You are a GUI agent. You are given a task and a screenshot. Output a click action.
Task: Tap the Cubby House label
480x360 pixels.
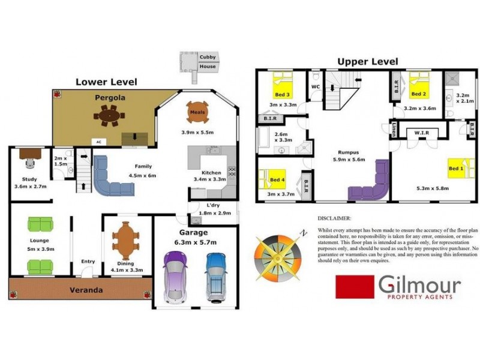point(208,61)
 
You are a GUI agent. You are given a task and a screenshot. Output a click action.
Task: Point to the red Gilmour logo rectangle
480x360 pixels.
point(353,287)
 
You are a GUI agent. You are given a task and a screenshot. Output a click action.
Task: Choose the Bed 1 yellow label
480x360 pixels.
point(456,169)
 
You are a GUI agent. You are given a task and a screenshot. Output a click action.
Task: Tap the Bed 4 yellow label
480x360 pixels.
point(276,179)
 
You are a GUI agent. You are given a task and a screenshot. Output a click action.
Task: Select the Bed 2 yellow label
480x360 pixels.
point(418,94)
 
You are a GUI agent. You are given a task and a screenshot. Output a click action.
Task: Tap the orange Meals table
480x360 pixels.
point(198,112)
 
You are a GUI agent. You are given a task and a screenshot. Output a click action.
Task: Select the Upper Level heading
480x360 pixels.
point(367,61)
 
